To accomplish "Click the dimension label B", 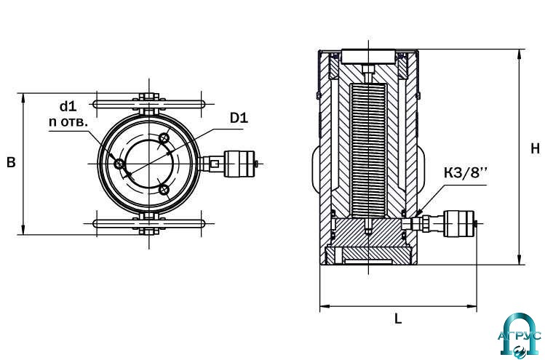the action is (11, 162).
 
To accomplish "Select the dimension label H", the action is (536, 148).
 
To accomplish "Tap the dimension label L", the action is (398, 319).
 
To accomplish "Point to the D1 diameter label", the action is (239, 118).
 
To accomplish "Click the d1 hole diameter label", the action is (68, 106).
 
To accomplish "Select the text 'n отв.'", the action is (68, 122).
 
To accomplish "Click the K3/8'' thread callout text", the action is (466, 172).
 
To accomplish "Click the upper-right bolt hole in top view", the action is (164, 138).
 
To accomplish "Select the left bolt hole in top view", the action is (119, 164).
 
